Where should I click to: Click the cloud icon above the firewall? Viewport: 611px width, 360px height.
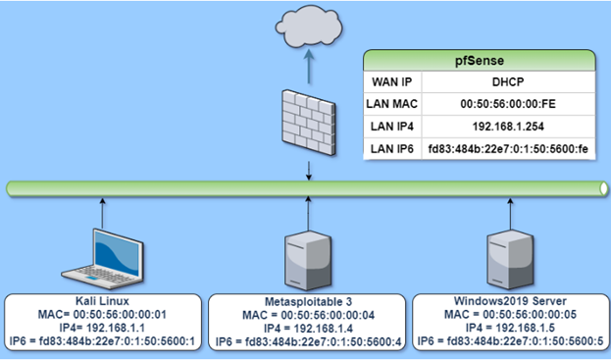(x=309, y=26)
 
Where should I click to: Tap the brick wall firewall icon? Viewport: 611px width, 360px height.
(x=309, y=123)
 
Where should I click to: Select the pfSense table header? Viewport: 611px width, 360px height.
(x=480, y=61)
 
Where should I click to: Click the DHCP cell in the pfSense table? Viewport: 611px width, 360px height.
(x=508, y=81)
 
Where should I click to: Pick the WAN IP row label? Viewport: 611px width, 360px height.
(x=392, y=81)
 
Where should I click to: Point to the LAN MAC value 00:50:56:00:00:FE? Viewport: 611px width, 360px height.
(x=508, y=104)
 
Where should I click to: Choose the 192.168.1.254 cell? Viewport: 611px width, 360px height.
(x=508, y=127)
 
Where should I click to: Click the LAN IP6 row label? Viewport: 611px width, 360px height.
(x=392, y=149)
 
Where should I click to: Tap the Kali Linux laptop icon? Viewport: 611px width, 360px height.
(x=102, y=259)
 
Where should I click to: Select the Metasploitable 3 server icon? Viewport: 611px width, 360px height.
(x=308, y=261)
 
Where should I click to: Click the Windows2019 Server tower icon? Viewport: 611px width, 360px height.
(x=510, y=260)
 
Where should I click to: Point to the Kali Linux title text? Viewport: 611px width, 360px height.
(x=102, y=301)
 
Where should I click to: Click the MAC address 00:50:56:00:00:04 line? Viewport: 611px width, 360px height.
(x=308, y=315)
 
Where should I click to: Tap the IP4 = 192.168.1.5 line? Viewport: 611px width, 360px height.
(x=510, y=328)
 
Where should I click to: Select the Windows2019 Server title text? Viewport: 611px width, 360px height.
(x=510, y=301)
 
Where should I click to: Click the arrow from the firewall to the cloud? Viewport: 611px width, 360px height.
(x=309, y=67)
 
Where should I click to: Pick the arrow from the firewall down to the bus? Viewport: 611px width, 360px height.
(x=309, y=171)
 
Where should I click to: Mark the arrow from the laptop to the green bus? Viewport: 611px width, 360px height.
(x=102, y=213)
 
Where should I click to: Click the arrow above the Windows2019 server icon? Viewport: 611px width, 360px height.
(x=510, y=214)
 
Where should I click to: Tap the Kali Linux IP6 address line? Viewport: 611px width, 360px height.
(x=102, y=341)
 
